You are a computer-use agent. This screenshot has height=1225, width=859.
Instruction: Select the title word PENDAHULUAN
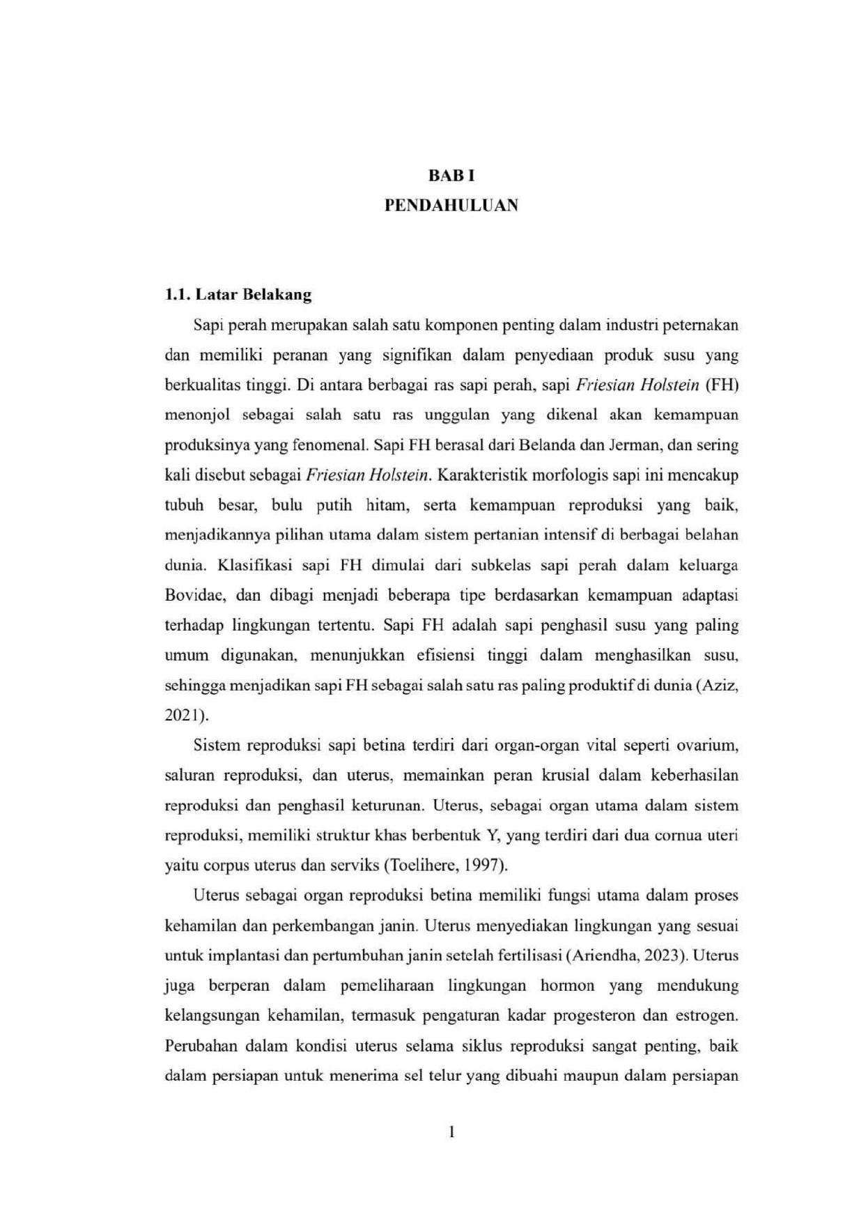coord(451,206)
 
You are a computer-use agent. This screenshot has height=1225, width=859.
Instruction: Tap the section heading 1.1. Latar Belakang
coord(238,294)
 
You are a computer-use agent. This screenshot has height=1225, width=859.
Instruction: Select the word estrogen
coord(706,1015)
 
